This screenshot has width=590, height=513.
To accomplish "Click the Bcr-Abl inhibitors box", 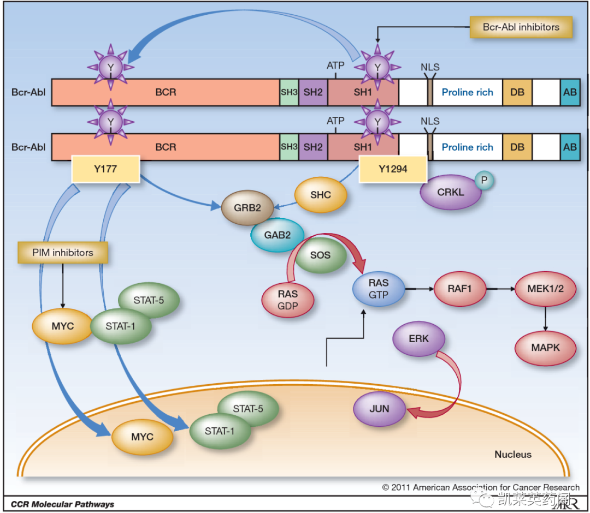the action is coord(521,27).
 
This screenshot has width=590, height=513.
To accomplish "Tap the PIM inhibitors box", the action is coord(63,253).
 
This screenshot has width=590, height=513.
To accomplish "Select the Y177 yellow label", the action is coord(106,169).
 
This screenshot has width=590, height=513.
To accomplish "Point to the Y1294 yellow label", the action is coord(393,169).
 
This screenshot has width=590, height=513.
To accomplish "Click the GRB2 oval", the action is coord(247,208).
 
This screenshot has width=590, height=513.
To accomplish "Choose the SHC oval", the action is coord(321,195).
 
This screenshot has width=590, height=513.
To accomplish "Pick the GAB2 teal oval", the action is coord(278,235).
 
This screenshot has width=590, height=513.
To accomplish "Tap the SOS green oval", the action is coord(320,255).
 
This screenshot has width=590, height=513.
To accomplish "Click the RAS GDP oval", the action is coord(288,300).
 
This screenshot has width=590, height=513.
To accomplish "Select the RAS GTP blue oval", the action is coord(379,289).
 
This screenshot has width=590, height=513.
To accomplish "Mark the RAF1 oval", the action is coord(459,289).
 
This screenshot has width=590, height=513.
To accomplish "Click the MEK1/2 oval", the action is coord(545,289).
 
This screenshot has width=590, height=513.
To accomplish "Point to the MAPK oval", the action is coord(545,348).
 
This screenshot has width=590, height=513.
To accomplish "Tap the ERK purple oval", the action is coord(419,338).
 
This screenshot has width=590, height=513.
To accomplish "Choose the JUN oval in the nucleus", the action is coord(379,409).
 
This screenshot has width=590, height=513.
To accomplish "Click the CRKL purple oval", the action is coord(451,192).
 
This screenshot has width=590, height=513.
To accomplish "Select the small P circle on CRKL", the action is coord(484,180).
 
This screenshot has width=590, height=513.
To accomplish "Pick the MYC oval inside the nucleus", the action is coord(142,437).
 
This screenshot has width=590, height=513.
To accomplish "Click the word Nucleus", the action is coord(513,455).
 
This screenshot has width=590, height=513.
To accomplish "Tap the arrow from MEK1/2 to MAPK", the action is coord(545,319).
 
